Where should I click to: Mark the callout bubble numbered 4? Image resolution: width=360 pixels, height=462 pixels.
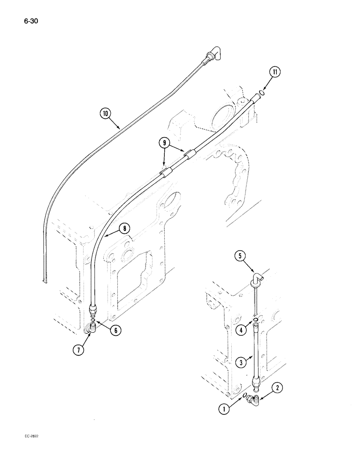pyautogui.click(x=240, y=330)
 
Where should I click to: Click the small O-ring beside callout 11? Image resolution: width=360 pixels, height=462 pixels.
pyautogui.click(x=262, y=93)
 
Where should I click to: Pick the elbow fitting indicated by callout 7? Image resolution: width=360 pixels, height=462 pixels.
pyautogui.click(x=90, y=329)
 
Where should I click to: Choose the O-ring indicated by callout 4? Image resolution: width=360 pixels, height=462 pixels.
pyautogui.click(x=255, y=320)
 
